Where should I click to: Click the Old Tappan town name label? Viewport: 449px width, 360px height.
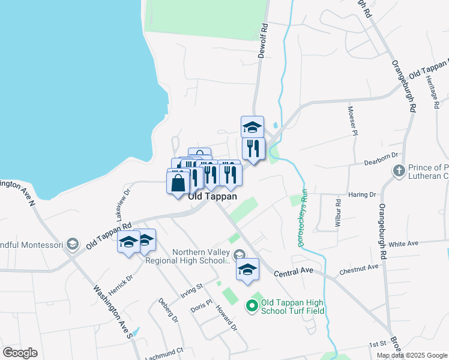pyautogui.click(x=212, y=196)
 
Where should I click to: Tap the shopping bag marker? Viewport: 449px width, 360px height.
pyautogui.click(x=179, y=182)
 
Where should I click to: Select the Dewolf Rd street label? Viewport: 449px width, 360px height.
pyautogui.click(x=262, y=40)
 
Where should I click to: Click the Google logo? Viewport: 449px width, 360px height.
pyautogui.click(x=20, y=353)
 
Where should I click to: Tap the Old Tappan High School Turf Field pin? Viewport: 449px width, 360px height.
pyautogui.click(x=253, y=307)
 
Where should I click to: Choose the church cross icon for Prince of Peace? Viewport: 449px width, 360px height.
pyautogui.click(x=398, y=171)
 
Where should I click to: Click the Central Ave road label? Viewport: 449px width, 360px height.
pyautogui.click(x=294, y=272)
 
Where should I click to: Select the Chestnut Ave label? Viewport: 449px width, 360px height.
pyautogui.click(x=359, y=268)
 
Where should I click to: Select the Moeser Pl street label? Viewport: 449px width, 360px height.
pyautogui.click(x=353, y=121)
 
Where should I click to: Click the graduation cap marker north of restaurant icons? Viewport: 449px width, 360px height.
pyautogui.click(x=253, y=127)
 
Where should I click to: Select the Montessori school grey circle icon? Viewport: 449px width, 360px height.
pyautogui.click(x=73, y=244)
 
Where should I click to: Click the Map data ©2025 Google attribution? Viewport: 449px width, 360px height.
pyautogui.click(x=412, y=355)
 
